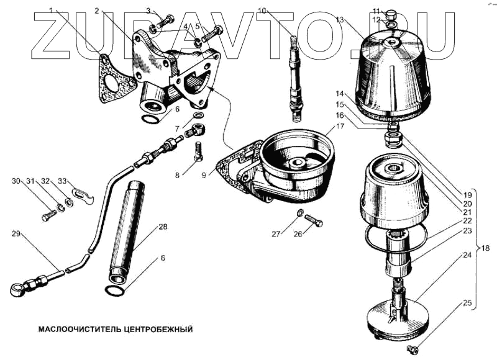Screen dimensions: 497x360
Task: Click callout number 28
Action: [x=163, y=227]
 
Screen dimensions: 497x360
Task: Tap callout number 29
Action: [x=16, y=233]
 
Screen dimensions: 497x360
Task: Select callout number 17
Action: [x=340, y=126]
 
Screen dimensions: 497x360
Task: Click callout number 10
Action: [x=262, y=11]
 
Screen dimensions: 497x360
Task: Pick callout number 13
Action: [x=340, y=20]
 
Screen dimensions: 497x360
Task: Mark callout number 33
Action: [x=62, y=181]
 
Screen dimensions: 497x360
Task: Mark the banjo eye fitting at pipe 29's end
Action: [x=18, y=287]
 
